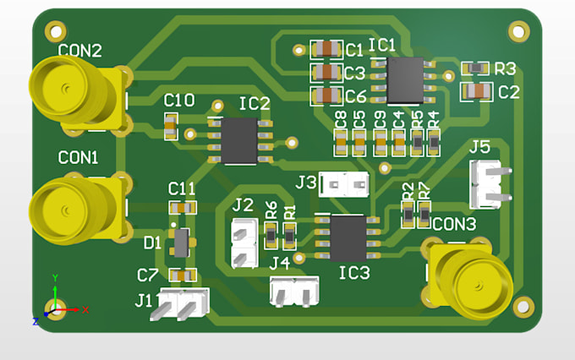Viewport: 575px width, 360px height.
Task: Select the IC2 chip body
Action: [238, 140]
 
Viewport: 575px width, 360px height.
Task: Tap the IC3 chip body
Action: [348, 237]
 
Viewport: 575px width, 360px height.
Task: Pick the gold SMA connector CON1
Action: [72, 206]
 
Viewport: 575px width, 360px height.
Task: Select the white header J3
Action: [345, 183]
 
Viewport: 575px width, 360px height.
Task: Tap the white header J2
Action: [244, 243]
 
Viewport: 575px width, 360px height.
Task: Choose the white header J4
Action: [294, 292]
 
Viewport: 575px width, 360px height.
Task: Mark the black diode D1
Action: [179, 243]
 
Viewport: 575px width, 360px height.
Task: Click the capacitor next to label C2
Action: [476, 91]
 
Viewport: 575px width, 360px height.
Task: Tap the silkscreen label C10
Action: [178, 101]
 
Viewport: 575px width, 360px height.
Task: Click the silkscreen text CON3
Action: [454, 224]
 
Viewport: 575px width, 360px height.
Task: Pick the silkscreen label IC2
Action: [255, 104]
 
